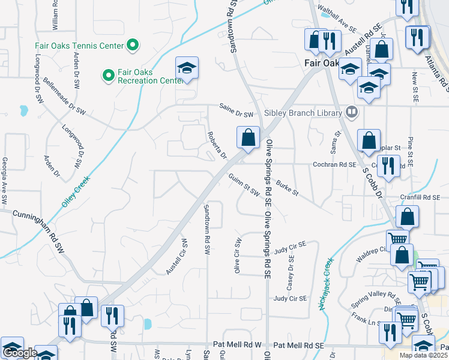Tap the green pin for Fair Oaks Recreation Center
[108, 76]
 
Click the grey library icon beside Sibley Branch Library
[352, 112]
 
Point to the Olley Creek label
[74, 193]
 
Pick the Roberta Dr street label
[216, 146]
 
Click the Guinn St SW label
[244, 184]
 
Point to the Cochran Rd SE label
[334, 164]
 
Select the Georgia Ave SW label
[4, 180]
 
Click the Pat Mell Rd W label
[238, 346]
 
